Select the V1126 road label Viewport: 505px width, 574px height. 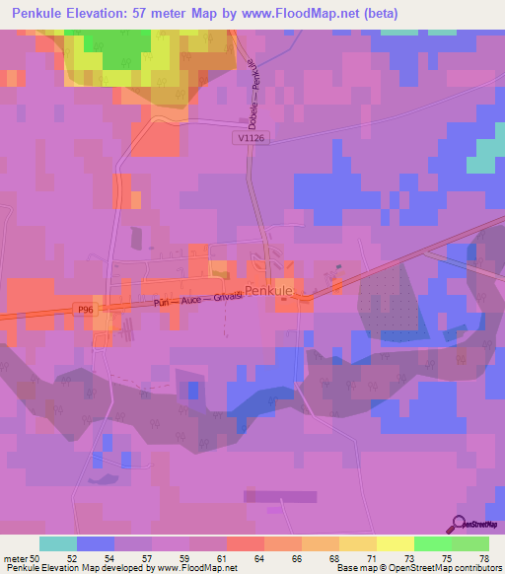click(252, 139)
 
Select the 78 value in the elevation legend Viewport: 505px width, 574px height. click(482, 557)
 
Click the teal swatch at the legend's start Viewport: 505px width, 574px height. click(58, 543)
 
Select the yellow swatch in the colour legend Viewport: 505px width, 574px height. click(395, 543)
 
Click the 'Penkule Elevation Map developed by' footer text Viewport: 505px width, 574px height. click(71, 568)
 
